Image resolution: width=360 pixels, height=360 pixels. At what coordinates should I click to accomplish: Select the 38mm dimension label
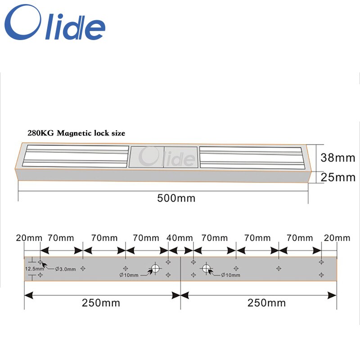337,158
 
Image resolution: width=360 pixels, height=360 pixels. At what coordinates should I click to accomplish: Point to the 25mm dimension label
337,177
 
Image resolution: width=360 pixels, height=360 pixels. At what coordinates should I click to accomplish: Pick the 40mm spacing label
179,238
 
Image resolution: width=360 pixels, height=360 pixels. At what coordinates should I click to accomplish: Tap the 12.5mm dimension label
34,269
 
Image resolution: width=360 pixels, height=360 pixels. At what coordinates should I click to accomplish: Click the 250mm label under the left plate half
101,303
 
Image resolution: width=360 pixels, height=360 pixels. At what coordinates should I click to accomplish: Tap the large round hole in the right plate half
206,269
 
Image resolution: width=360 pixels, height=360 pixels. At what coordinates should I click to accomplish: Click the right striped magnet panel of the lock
250,157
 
